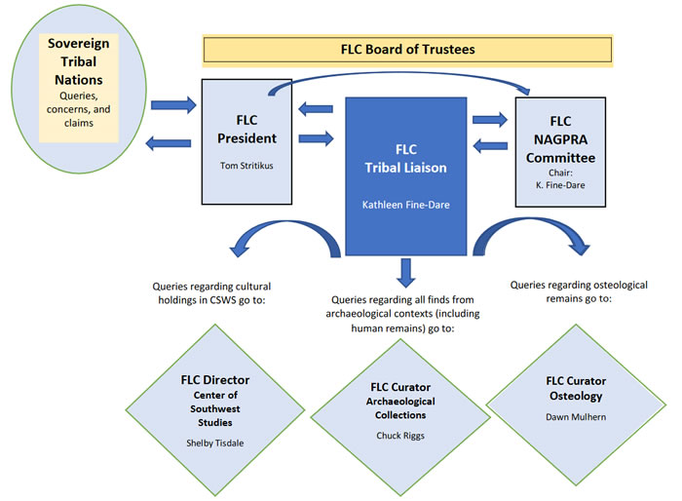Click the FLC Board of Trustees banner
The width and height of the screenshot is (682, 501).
coord(407,50)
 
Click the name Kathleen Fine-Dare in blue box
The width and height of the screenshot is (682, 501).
coord(405,207)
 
